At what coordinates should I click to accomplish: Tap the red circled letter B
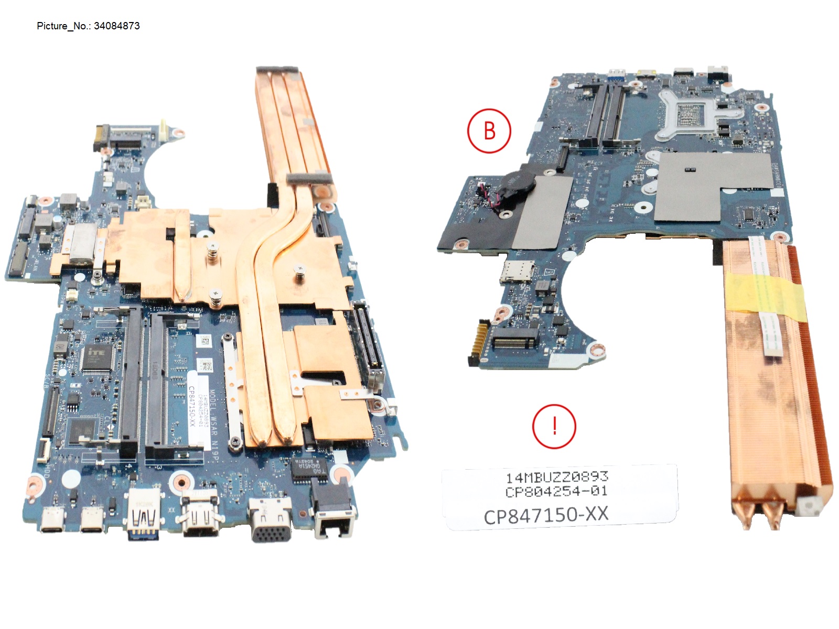(x=489, y=131)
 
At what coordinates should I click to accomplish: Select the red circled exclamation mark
(x=554, y=426)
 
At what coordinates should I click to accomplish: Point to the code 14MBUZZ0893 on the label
(x=556, y=477)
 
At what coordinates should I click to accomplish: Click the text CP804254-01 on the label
(x=556, y=492)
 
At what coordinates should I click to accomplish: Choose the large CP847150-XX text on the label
(x=546, y=515)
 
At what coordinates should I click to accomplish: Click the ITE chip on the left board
(x=97, y=358)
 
